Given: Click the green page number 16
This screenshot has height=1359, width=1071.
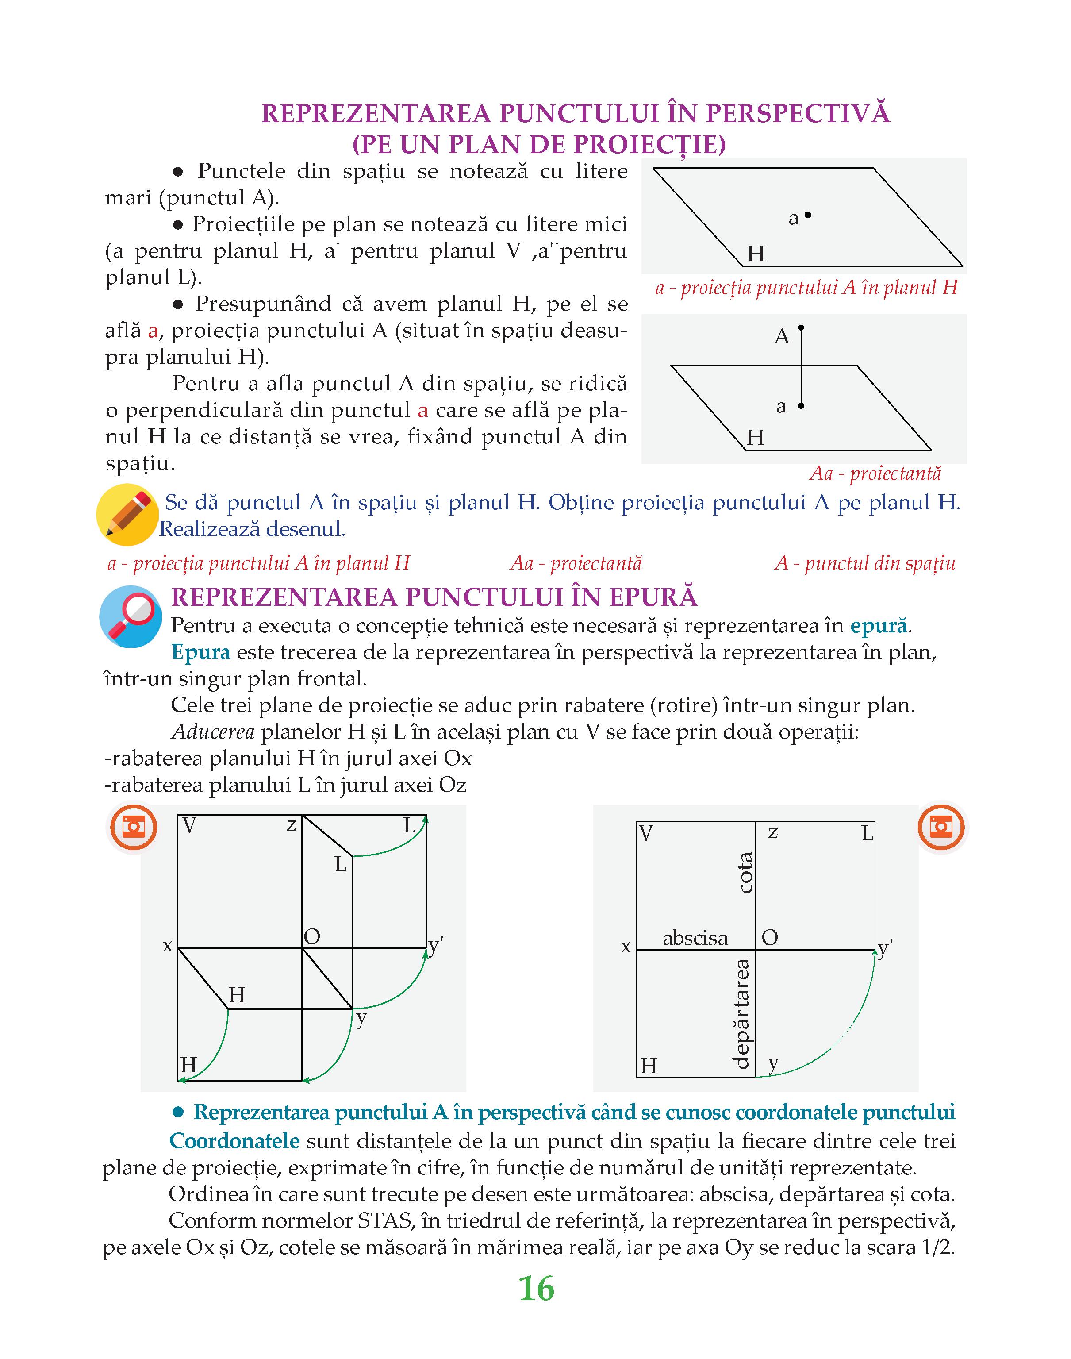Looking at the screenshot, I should coord(537,1290).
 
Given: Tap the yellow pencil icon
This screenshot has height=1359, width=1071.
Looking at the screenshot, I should coord(127,514).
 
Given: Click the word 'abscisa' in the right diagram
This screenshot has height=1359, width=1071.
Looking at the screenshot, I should coord(695,938).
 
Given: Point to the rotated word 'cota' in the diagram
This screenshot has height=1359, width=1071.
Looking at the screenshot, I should coord(745,873).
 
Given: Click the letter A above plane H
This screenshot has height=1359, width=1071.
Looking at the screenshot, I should coord(781,337).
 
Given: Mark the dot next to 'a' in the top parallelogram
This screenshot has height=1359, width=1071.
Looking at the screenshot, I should coord(808,215).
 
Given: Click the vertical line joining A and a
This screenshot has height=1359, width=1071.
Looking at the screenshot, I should coord(801,367).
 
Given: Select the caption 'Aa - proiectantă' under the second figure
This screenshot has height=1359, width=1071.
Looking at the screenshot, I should coord(875,474).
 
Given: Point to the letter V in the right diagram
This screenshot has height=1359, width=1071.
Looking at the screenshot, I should coord(646,833).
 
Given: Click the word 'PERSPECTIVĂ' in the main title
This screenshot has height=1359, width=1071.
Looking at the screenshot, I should coord(798,114).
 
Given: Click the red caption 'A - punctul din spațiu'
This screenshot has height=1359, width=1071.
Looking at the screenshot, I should coord(865,563).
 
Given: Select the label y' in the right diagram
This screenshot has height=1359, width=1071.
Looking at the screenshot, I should coord(885,948).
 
